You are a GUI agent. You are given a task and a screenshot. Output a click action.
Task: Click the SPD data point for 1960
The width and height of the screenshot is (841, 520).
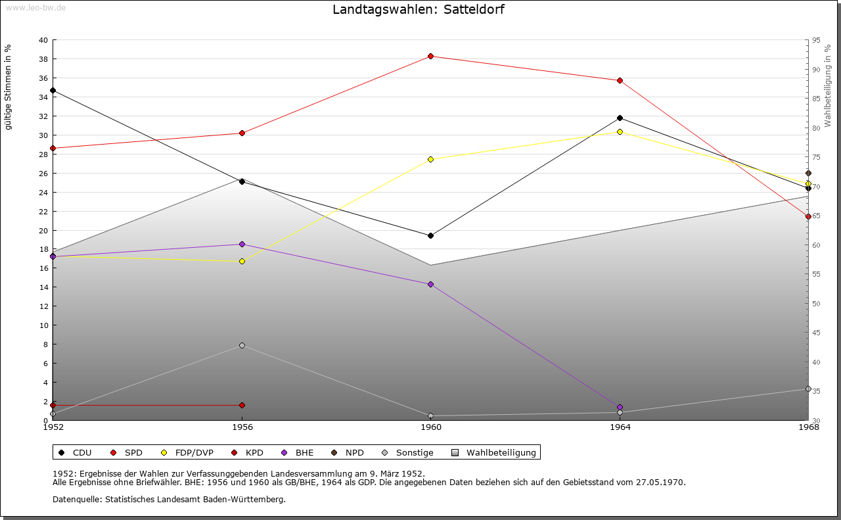click(430, 57)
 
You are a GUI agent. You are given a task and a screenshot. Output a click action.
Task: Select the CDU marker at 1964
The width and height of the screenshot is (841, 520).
click(620, 118)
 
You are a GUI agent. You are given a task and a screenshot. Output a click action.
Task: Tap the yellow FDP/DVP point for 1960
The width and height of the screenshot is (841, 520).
click(430, 159)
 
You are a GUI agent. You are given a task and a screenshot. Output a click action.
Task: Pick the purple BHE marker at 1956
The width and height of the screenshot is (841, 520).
click(242, 244)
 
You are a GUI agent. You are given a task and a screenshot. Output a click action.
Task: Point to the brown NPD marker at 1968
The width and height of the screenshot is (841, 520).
click(808, 173)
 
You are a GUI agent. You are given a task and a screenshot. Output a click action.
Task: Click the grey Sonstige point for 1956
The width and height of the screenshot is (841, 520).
click(242, 345)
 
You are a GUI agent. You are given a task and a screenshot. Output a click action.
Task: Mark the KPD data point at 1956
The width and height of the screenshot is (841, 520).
click(242, 405)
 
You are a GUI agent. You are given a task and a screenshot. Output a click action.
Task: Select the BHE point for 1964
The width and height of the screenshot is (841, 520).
click(620, 407)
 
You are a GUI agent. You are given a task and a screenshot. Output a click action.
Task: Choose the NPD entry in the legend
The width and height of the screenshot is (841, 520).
click(348, 452)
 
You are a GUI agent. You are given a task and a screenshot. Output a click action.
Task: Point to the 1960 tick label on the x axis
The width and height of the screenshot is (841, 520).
click(431, 427)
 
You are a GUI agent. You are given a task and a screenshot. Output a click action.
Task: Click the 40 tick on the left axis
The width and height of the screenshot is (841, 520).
click(43, 40)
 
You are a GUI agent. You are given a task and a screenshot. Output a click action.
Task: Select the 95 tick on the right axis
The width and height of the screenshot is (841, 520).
click(816, 40)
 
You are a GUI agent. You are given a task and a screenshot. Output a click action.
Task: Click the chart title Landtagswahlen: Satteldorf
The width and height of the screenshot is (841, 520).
click(419, 9)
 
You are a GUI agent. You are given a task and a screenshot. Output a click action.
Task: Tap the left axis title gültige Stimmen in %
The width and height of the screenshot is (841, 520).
click(8, 87)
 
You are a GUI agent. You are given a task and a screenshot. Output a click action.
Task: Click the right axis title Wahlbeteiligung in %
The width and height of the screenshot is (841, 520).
click(828, 85)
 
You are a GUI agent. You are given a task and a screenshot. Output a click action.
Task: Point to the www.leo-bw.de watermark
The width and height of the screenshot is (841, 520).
click(35, 7)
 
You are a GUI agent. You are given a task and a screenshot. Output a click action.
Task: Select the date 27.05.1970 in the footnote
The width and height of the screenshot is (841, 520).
click(660, 483)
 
